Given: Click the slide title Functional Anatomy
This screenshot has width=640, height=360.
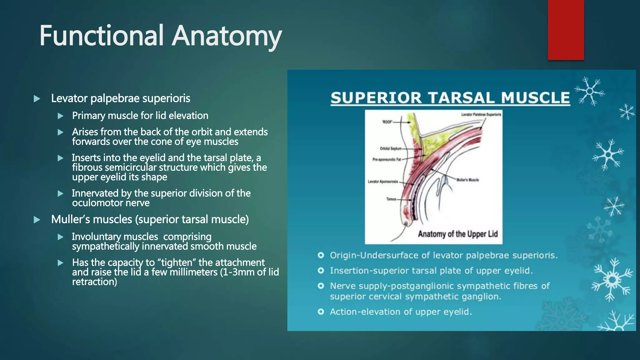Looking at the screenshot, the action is tap(160, 36).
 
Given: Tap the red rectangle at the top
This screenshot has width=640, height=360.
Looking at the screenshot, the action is tap(566, 30).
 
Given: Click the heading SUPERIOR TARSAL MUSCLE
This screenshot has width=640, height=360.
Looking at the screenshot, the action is tap(450, 98).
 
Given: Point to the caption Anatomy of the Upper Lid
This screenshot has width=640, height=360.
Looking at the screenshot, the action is tap(457, 234).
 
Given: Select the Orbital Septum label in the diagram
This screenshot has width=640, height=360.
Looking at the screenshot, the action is tap(390, 148).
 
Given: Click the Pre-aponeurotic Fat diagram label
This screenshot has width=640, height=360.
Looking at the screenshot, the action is tap(387, 159).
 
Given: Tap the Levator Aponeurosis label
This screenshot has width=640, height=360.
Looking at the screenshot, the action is tap(383, 182).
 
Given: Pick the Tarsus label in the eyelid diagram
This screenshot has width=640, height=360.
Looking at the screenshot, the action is tap(391, 199).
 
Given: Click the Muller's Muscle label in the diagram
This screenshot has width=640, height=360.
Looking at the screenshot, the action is tap(467, 180).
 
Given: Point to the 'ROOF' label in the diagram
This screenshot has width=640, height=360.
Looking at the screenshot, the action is tap(387, 122).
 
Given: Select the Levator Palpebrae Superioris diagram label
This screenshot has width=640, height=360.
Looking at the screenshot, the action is tap(481, 115).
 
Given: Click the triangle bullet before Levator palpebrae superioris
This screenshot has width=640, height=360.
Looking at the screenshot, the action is tap(37, 99).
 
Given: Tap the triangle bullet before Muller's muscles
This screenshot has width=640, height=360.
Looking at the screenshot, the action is tap(37, 220).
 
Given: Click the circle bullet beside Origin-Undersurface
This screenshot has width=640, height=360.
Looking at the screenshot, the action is tap(321, 255).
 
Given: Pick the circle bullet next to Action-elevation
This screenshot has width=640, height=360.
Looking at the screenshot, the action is tap(321, 312).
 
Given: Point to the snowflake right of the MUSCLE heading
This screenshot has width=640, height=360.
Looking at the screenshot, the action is tap(589, 91).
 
